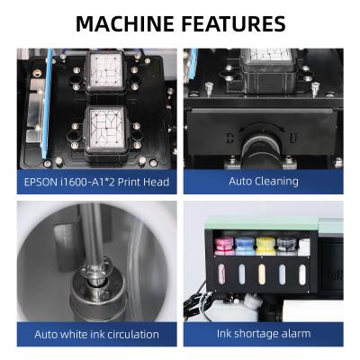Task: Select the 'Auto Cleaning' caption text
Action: (263, 181)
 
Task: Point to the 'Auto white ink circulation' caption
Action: (96, 334)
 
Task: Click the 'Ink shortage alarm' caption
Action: (263, 334)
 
